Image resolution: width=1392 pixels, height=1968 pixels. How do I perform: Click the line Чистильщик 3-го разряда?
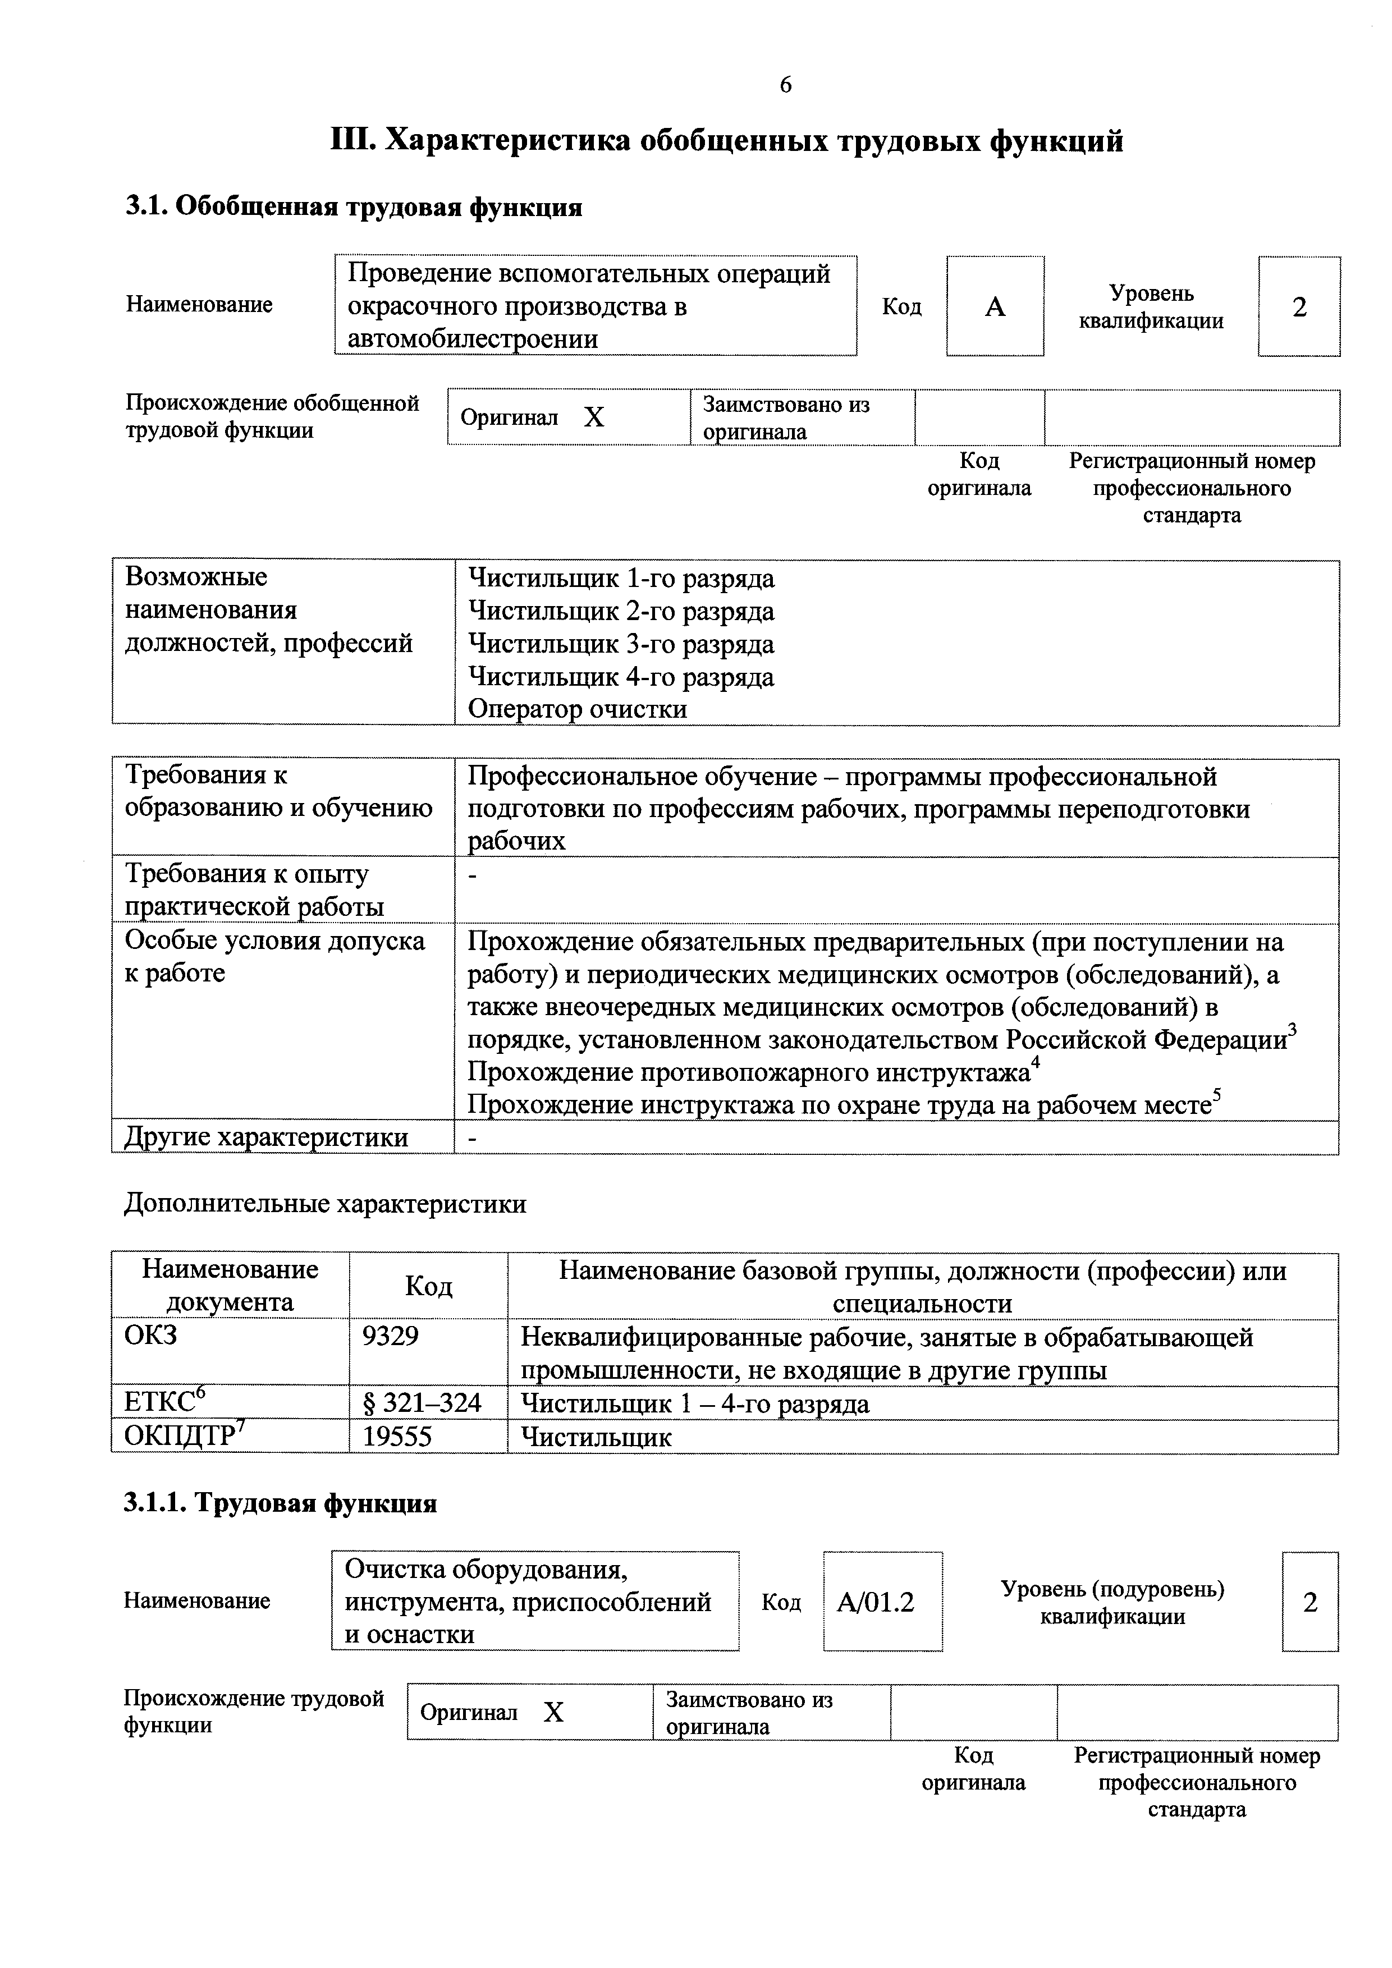pos(621,644)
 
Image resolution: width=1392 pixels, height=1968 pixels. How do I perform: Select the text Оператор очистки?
pos(577,710)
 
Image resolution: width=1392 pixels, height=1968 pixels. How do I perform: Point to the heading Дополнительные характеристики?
pos(325,1204)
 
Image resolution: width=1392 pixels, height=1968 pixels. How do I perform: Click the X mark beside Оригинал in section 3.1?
pos(594,418)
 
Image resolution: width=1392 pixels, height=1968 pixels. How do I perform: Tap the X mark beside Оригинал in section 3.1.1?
pos(554,1713)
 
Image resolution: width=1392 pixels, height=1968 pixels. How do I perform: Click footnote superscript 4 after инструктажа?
pos(1034,1064)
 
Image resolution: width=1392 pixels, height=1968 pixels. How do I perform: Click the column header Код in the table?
pos(429,1286)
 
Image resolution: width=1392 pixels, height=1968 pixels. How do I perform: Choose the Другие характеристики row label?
pos(267,1137)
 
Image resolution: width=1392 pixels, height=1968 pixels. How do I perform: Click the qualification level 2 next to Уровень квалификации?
pos(1299,307)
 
